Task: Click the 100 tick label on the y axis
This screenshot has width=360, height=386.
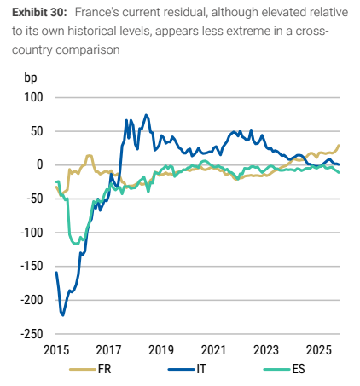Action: (x=33, y=97)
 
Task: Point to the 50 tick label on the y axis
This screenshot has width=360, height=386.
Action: (x=37, y=131)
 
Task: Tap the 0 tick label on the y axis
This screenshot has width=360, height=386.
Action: (x=40, y=164)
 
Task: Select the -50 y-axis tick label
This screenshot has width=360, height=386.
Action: (x=35, y=199)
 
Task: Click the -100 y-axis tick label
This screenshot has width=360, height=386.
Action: (x=32, y=233)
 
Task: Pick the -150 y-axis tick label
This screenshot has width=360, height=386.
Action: (x=32, y=267)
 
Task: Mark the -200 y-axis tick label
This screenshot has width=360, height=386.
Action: (x=32, y=300)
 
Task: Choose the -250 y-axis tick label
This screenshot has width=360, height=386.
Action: (x=32, y=334)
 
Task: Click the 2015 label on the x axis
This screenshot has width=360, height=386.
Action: (x=56, y=350)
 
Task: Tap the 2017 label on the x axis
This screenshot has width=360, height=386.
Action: (x=108, y=350)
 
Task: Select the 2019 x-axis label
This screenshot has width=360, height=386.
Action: (x=161, y=350)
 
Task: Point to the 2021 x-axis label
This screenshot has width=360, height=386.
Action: (x=213, y=350)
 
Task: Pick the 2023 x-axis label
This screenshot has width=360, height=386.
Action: (x=266, y=350)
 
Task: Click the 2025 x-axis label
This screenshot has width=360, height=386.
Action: (x=319, y=350)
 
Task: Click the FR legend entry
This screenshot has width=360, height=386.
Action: (x=90, y=369)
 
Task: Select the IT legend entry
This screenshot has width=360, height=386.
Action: (x=187, y=369)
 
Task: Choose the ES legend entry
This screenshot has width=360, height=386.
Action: (x=284, y=369)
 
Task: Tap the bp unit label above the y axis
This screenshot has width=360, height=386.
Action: (x=31, y=78)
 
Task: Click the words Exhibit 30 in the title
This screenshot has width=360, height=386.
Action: (x=39, y=13)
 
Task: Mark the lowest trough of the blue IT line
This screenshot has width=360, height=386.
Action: (x=63, y=315)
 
